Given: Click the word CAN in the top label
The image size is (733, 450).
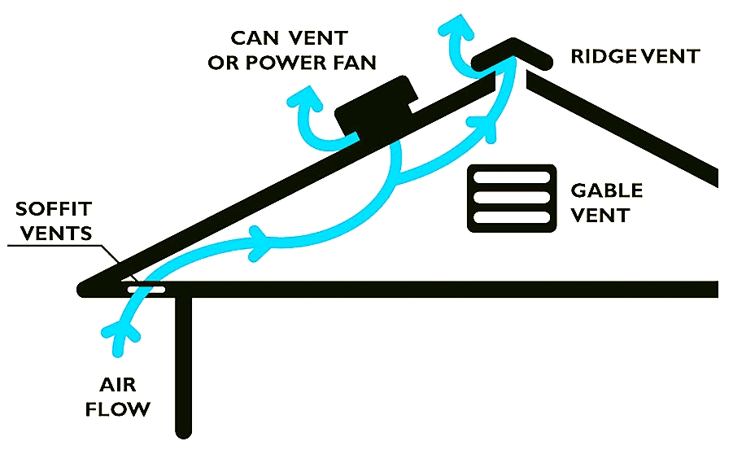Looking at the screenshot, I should [x=259, y=37].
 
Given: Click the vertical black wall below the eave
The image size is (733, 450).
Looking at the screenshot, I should [x=183, y=366].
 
